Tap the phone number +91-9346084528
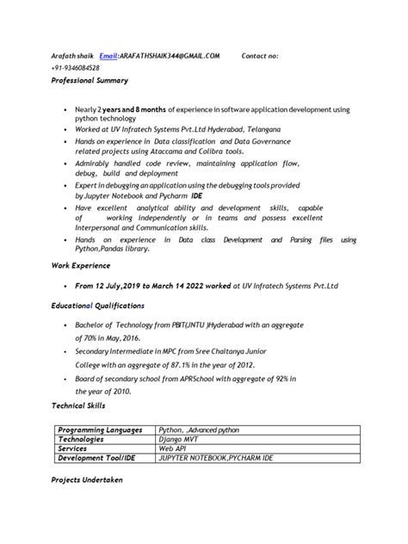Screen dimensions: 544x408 (75, 68)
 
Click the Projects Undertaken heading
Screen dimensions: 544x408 (87, 479)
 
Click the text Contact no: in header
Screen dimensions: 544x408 (260, 55)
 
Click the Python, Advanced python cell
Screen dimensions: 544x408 (200, 430)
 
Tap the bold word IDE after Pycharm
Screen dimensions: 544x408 (195, 195)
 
